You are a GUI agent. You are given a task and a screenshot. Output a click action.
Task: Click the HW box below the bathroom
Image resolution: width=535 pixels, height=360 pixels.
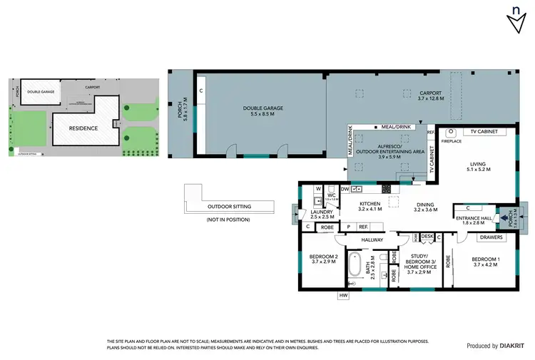click(x=343, y=295)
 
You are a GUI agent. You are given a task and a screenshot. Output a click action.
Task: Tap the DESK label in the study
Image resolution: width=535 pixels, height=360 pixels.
click(x=427, y=236)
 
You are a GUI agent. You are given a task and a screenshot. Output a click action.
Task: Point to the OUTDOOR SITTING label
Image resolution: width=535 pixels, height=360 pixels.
click(x=229, y=207)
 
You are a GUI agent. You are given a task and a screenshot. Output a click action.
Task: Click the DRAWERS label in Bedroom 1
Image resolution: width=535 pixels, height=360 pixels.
click(x=491, y=237)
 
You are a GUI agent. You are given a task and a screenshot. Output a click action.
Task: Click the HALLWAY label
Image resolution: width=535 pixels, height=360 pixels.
click(x=372, y=240)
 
